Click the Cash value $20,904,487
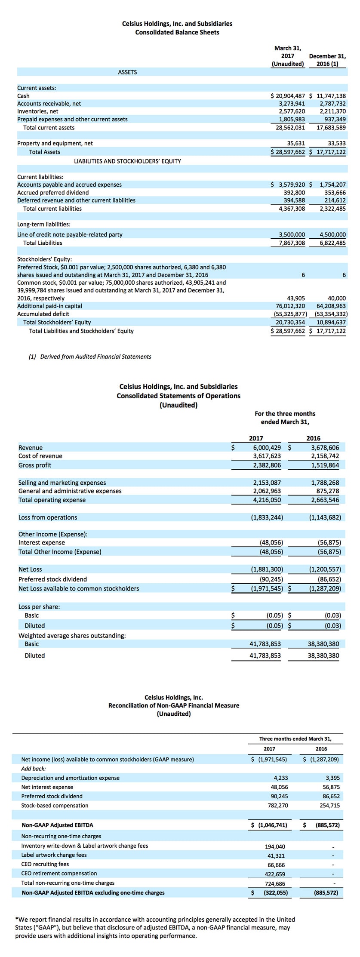pyautogui.click(x=288, y=96)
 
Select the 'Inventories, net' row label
pyautogui.click(x=38, y=111)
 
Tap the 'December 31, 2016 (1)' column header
pyautogui.click(x=327, y=60)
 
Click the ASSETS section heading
pyautogui.click(x=127, y=72)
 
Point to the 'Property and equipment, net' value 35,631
pyautogui.click(x=296, y=143)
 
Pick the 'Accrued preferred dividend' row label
pyautogui.click(x=53, y=193)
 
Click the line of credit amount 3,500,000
pyautogui.click(x=292, y=234)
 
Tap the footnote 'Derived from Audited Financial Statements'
pyautogui.click(x=95, y=357)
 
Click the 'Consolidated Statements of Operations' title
pyautogui.click(x=178, y=396)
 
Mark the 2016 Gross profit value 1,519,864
pyautogui.click(x=325, y=465)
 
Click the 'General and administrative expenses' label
pyautogui.click(x=70, y=491)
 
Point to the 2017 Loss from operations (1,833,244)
pyautogui.click(x=267, y=517)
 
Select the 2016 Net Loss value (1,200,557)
pyautogui.click(x=325, y=569)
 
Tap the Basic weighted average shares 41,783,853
pyautogui.click(x=265, y=644)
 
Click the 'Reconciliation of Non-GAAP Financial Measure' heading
pyautogui.click(x=174, y=705)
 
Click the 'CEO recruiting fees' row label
pyautogui.click(x=45, y=864)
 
